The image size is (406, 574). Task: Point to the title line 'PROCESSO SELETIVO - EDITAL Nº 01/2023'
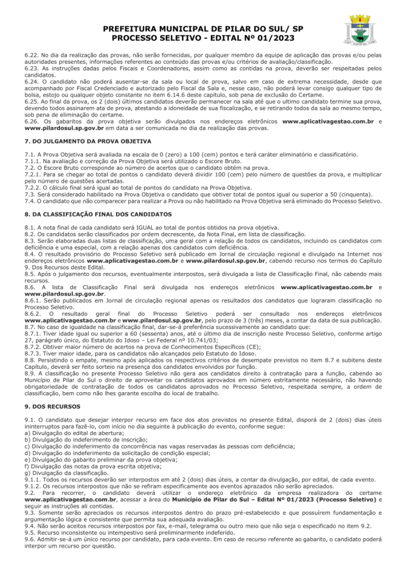[x=203, y=38]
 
